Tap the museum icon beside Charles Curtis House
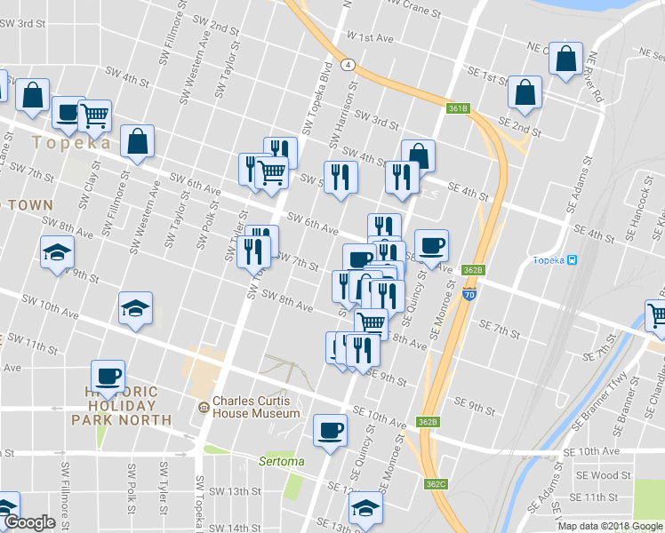coord(204,407)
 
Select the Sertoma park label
coord(281,461)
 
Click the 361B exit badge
coord(458,108)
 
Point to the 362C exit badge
coord(436,484)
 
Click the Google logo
coord(29,522)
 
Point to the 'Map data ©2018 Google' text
coord(610,526)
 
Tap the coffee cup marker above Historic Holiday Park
coord(108,376)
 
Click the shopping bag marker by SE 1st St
coord(525,92)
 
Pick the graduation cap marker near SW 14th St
coord(364,509)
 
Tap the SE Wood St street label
coord(604,476)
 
